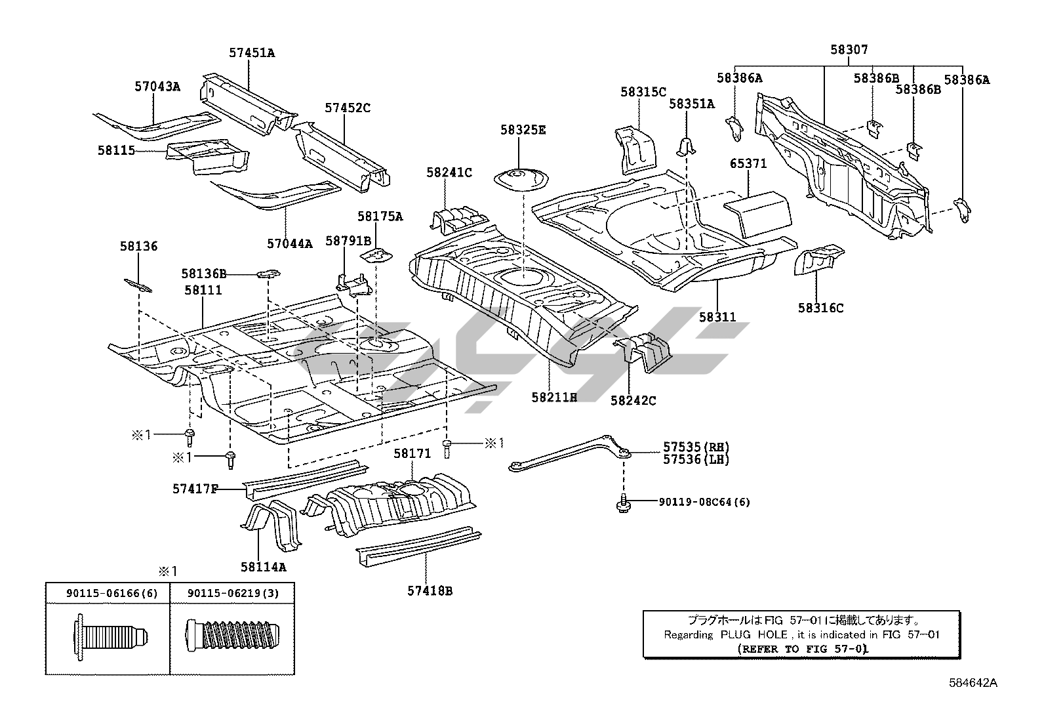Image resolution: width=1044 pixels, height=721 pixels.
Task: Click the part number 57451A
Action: point(252,53)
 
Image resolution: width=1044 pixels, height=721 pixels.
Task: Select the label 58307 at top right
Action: point(849,50)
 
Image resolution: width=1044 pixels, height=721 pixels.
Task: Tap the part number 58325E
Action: point(523,130)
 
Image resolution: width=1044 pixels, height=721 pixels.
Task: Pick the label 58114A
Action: point(264,566)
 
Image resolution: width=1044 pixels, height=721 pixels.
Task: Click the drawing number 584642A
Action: point(973,683)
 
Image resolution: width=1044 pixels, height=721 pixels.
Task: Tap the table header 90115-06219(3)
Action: point(233,593)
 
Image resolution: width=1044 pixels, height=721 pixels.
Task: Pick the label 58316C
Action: point(820,307)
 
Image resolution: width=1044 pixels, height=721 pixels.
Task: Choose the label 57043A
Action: point(157,86)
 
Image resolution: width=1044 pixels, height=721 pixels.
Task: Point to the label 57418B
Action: point(430,591)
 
